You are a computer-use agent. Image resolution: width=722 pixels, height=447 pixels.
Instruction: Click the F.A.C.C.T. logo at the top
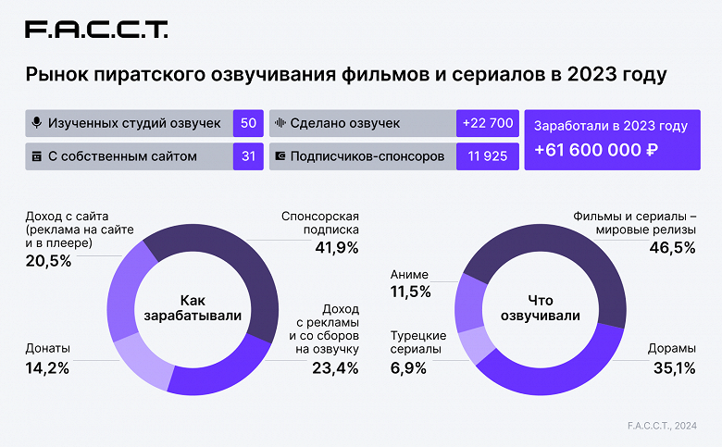(x=96, y=30)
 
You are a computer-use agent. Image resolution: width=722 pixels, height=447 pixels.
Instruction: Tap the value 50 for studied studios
(x=248, y=123)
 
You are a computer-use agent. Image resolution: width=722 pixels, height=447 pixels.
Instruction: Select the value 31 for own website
(x=248, y=156)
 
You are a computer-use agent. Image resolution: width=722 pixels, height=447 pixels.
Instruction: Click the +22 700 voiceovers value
(x=486, y=123)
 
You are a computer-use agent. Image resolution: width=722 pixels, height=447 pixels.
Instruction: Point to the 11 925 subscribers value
(x=486, y=156)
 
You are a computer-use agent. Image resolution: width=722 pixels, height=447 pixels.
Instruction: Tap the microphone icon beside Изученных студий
(x=37, y=123)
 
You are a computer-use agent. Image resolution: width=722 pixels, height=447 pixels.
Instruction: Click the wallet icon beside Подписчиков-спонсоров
(x=280, y=156)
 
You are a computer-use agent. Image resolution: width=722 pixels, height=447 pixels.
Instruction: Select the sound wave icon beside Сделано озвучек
(x=280, y=123)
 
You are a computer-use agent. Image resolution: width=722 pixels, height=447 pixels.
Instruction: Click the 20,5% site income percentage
(x=47, y=261)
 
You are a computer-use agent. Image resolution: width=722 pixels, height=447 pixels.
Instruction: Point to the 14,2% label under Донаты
(x=47, y=367)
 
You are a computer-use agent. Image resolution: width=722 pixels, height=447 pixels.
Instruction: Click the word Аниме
(x=410, y=274)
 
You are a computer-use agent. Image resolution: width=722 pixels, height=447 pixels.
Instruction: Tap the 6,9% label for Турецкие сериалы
(x=410, y=367)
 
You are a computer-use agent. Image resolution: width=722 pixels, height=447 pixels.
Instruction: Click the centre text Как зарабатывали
(x=193, y=308)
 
